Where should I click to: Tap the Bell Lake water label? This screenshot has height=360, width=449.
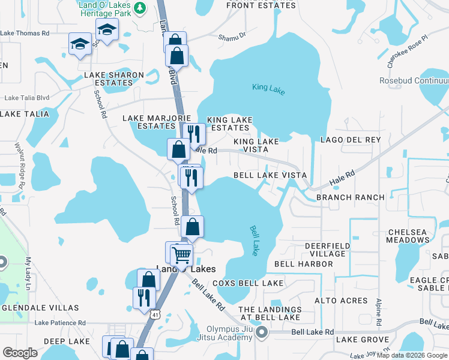point(253,241)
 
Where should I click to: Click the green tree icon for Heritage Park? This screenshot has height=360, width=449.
point(139,7)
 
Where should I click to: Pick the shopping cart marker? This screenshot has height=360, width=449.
point(181,254)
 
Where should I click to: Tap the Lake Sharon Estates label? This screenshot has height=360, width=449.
point(114,79)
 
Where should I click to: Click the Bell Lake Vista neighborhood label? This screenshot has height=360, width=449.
point(270,175)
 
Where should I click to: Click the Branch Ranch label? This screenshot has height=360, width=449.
point(350,197)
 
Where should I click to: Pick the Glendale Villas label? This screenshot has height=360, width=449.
point(40,308)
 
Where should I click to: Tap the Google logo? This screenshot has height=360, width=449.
point(20,353)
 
